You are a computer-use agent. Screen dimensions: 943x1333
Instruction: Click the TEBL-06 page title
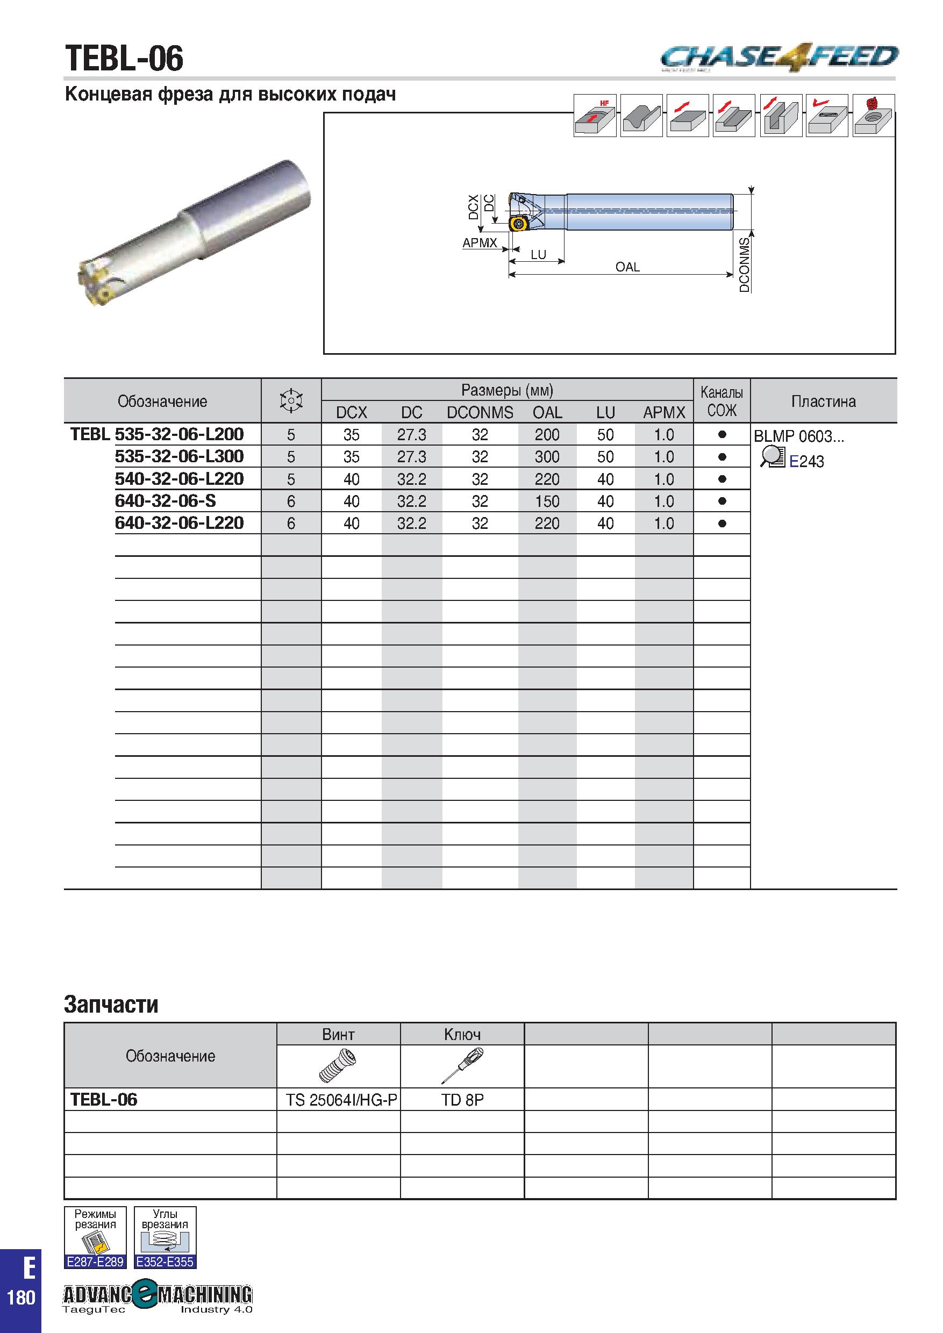(124, 59)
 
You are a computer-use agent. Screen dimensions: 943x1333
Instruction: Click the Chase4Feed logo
(779, 58)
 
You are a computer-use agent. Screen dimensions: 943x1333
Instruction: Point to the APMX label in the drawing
(480, 243)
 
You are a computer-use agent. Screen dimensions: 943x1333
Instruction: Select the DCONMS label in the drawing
(745, 264)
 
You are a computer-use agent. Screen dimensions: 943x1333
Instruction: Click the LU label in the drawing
(538, 254)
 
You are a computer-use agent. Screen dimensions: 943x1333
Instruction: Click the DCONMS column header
(480, 412)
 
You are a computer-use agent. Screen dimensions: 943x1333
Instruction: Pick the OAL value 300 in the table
(547, 457)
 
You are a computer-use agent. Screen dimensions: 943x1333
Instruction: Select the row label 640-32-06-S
(166, 500)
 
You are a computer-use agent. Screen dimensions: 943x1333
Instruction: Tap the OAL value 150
(547, 501)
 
